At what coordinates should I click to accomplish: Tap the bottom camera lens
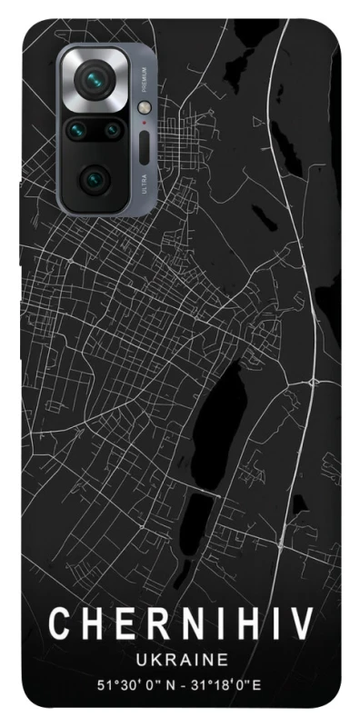pos(94,179)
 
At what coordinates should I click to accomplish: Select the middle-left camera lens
pos(77,131)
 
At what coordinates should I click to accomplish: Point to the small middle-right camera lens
pos(111,131)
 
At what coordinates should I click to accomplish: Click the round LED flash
pos(144,107)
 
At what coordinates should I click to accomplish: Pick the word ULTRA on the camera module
pos(144,184)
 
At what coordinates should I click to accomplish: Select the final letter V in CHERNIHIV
pos(303,624)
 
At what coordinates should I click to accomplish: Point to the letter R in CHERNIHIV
pos(144,624)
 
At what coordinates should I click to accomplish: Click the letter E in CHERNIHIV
pos(115,624)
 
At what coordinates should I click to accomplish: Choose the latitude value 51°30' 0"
pos(110,683)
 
